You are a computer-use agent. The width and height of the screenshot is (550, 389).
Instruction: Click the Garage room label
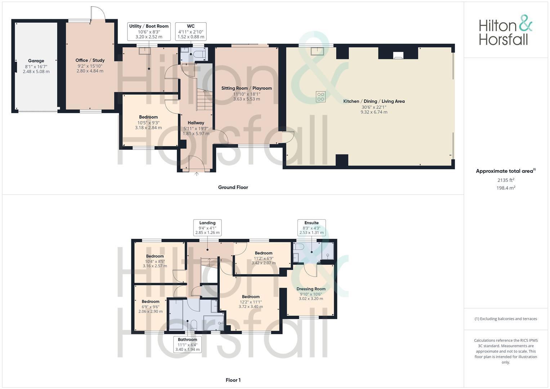[x=36, y=61]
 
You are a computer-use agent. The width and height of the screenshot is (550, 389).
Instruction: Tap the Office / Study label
[x=90, y=60]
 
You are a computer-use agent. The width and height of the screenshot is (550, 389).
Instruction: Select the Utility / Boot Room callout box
[x=149, y=31]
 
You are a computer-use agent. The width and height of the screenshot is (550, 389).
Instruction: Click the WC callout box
[x=191, y=31]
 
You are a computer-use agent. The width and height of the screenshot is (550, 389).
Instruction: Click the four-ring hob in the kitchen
[x=321, y=97]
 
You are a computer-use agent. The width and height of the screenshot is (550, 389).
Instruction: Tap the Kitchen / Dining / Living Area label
[x=374, y=101]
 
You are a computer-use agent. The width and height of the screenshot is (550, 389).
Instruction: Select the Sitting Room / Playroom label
[x=246, y=88]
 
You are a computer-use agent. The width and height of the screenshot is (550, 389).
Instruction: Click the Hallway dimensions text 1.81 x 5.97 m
[x=196, y=134]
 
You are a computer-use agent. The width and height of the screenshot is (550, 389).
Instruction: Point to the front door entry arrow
[x=197, y=174]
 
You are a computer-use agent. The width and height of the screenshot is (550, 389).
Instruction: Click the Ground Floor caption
[x=233, y=187]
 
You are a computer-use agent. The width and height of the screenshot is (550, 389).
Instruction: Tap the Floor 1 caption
[x=233, y=380]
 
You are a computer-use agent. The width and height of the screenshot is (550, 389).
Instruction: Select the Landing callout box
[x=207, y=228]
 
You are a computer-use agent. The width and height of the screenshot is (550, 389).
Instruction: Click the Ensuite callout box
[x=312, y=228]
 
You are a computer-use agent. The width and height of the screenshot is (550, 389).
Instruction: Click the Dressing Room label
[x=311, y=289]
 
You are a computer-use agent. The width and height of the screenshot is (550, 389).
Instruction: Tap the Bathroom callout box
[x=187, y=344]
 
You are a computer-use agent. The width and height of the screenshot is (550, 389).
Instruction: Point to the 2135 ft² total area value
[x=506, y=180]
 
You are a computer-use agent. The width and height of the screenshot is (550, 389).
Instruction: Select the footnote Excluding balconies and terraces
[x=506, y=319]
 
